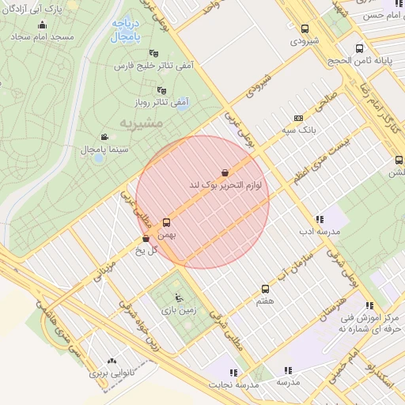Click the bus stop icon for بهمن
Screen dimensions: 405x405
[166, 222]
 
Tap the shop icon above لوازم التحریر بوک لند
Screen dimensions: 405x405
[225, 172]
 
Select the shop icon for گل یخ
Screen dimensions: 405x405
[146, 239]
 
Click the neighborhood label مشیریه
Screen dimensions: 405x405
[141, 123]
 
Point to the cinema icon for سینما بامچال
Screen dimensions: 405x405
[105, 137]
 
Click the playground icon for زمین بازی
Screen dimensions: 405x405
[179, 298]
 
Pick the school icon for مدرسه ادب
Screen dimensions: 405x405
[319, 219]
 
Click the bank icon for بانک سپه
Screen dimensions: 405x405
[298, 117]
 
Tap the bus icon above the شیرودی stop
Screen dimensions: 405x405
[305, 28]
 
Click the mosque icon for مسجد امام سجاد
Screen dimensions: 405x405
[42, 25]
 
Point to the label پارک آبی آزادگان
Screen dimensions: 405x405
[45, 8]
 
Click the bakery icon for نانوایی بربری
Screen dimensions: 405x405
[111, 359]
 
